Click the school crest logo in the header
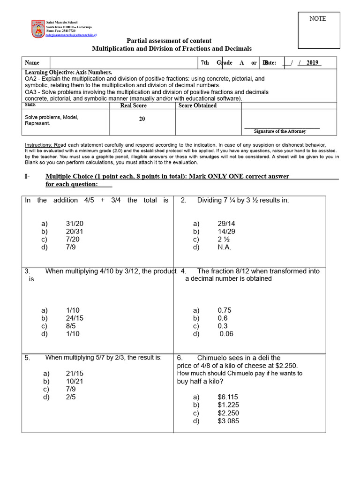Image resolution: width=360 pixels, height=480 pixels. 38,29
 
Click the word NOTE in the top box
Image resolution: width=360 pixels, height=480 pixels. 317,19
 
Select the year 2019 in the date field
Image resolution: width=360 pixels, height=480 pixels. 312,63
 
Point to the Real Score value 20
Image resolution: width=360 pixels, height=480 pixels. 142,119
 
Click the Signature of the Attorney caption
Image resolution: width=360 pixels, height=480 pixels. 280,132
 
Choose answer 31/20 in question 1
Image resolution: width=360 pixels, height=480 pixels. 75,224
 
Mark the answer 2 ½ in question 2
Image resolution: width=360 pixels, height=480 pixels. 224,240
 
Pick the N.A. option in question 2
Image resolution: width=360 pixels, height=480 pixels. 225,247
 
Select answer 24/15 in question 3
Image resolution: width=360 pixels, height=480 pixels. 75,318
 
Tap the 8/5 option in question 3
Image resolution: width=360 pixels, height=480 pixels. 71,326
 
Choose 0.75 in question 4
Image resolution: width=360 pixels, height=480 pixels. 225,310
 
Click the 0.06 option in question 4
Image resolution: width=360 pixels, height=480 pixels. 225,334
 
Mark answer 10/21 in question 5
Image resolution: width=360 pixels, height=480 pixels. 75,382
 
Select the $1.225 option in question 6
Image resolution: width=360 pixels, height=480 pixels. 228,405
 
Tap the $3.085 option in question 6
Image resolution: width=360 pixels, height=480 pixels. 228,421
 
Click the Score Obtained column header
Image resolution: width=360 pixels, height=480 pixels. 197,106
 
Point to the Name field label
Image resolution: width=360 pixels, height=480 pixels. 32,63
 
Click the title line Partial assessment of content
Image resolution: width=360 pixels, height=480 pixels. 169,41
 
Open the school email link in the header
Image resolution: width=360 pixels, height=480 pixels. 71,35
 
